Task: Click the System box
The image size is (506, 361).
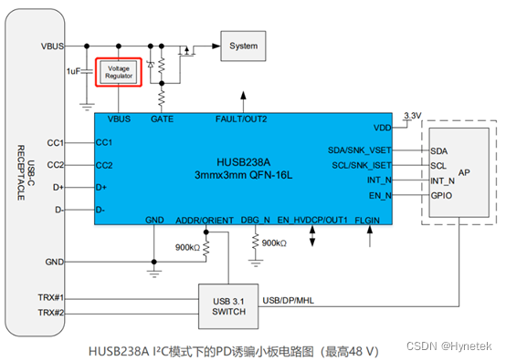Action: pos(243,46)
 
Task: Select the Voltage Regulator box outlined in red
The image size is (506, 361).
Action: pos(119,72)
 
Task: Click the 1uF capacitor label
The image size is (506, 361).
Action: pos(74,71)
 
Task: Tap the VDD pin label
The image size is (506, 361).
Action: pos(383,128)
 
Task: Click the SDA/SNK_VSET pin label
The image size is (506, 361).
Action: pos(360,150)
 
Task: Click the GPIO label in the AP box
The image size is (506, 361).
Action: pos(442,195)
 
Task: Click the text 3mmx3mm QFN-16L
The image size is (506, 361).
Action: pos(244,173)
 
